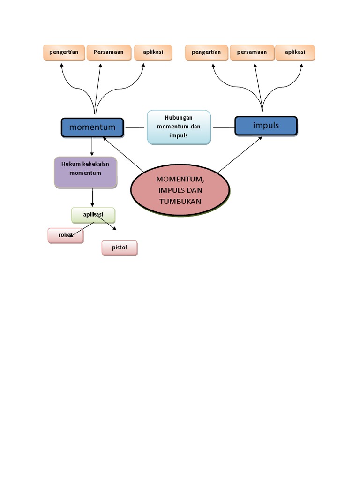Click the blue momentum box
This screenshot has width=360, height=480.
(92, 127)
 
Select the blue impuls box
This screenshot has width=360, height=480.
(266, 126)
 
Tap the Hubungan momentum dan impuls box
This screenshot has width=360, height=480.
(179, 127)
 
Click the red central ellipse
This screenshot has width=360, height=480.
(180, 190)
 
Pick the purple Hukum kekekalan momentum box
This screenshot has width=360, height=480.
(85, 172)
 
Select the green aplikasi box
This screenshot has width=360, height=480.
(93, 215)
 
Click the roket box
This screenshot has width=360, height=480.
(66, 235)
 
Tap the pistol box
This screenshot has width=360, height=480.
(120, 247)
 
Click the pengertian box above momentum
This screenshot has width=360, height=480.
(65, 52)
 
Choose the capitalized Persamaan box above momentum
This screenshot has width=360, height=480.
(109, 52)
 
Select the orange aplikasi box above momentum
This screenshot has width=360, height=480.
(153, 52)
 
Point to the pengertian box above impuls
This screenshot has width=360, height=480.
(206, 52)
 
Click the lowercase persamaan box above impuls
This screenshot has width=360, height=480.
(252, 52)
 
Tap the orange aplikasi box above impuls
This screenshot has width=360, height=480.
(295, 52)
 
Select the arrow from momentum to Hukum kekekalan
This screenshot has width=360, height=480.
(92, 147)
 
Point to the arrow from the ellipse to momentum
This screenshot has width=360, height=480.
(123, 154)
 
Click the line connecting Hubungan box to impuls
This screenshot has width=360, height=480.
(224, 127)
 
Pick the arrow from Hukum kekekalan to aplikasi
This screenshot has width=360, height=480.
(92, 197)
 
